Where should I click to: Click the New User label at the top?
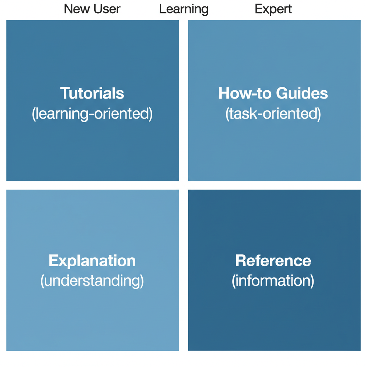click(92, 9)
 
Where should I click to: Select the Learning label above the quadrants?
click(183, 9)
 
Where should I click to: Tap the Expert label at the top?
click(273, 9)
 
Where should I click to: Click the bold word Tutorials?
click(92, 94)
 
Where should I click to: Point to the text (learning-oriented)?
click(92, 114)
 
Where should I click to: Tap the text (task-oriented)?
click(273, 114)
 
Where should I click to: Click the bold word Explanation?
click(92, 261)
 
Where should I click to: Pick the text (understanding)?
click(92, 281)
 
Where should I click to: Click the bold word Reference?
click(273, 261)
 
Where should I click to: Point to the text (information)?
click(273, 281)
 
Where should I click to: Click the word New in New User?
click(76, 9)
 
